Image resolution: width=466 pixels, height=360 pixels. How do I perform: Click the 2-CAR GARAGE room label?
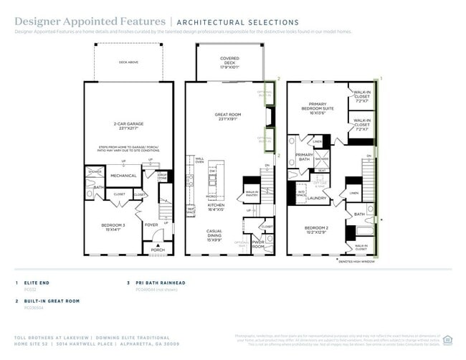[x=125, y=125]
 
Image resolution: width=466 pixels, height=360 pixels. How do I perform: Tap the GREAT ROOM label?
[x=224, y=116]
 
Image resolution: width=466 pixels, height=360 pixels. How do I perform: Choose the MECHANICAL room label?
[x=123, y=175]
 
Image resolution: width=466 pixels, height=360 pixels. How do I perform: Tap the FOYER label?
[x=151, y=224]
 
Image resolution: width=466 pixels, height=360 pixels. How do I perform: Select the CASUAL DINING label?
[x=214, y=235]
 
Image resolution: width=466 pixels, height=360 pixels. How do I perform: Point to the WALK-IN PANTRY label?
[x=252, y=193]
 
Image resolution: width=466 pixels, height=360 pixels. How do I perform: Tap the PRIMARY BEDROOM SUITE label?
[x=317, y=110]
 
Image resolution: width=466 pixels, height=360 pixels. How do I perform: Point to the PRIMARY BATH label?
[x=304, y=157]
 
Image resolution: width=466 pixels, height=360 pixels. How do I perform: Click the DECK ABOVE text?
[x=128, y=62]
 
